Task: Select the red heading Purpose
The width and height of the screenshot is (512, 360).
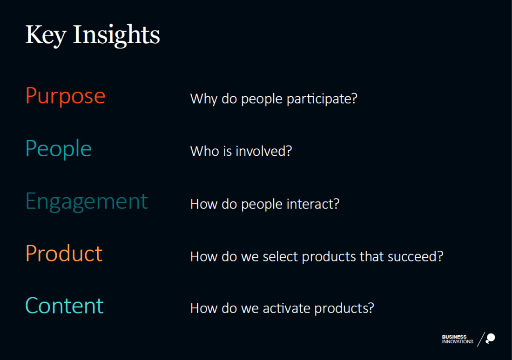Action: point(65,96)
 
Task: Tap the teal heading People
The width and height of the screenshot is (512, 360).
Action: point(59,149)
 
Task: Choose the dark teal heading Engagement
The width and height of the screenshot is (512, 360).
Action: point(87,202)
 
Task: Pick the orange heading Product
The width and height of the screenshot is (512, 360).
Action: point(64,253)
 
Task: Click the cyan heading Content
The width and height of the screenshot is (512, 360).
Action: point(64,306)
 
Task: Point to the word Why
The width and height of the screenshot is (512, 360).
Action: point(204,99)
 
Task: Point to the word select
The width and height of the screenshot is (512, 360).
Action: point(280,257)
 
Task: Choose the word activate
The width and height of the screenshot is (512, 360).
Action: point(286,308)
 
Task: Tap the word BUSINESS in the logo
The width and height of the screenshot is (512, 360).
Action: point(454,337)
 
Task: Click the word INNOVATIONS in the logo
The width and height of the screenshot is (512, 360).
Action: point(458,342)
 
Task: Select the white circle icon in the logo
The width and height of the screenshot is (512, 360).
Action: point(491,338)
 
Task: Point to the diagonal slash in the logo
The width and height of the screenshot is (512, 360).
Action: point(481,340)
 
